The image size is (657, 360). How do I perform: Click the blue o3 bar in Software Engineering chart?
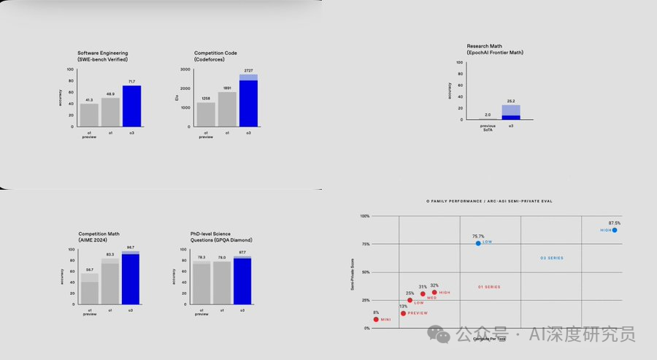[x=131, y=106]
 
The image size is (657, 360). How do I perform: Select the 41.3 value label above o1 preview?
[x=89, y=99]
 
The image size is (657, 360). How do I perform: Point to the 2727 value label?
[x=248, y=70]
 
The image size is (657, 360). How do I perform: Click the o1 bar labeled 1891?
[x=227, y=109]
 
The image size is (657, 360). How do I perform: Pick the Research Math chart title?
[x=495, y=49]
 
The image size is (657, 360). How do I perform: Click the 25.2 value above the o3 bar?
[x=511, y=102]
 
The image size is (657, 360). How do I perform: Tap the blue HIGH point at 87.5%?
[x=615, y=230]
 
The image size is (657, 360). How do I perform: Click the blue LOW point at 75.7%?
[x=478, y=242]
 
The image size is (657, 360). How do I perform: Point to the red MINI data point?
[x=376, y=319]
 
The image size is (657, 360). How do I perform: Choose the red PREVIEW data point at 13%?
[x=403, y=313]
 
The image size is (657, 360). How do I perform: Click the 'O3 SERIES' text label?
[x=551, y=258]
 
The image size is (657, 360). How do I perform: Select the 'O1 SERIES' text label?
[x=489, y=286]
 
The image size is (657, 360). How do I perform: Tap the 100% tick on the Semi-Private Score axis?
[x=365, y=216]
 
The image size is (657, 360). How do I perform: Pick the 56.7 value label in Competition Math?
[x=89, y=269]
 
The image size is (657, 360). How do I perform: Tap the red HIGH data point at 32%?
[x=434, y=292]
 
